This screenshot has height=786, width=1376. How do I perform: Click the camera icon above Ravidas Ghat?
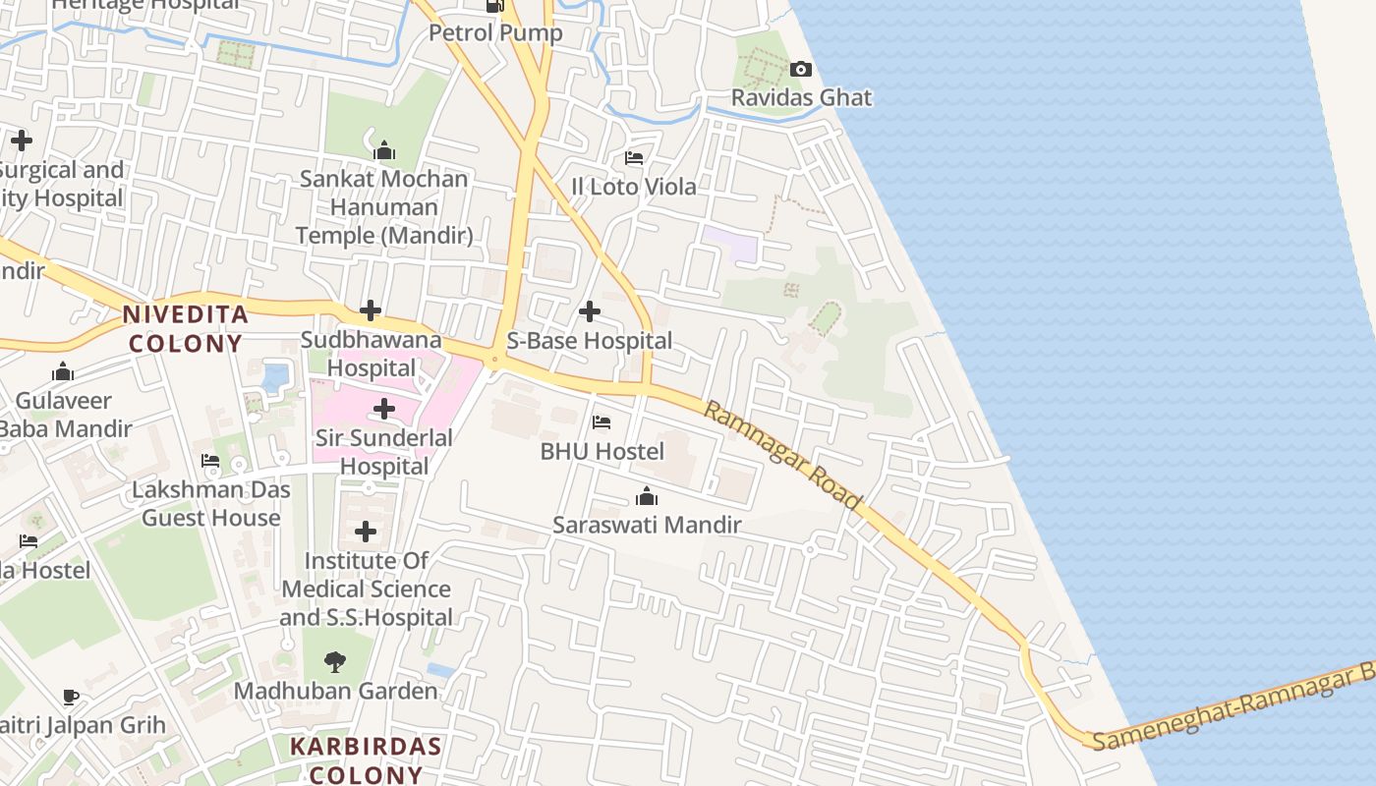coord(801,69)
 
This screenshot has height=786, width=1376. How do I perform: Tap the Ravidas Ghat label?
coord(801,98)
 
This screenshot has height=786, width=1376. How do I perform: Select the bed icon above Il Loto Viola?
coord(634,157)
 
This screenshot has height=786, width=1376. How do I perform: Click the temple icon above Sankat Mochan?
coord(384,150)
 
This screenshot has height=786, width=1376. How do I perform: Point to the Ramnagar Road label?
coord(782,455)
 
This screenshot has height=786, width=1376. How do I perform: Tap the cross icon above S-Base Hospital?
coord(590,311)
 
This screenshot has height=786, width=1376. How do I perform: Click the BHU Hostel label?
coord(602,452)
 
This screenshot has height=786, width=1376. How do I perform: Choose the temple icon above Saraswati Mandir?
coord(647,496)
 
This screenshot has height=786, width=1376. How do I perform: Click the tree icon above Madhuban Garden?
coord(335,662)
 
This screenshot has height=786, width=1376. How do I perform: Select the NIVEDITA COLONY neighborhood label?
coord(185,329)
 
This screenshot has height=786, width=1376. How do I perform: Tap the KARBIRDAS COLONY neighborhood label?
coord(366,759)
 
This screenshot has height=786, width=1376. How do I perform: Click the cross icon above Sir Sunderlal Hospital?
coord(384,409)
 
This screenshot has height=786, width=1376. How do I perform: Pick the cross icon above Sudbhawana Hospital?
coord(371,311)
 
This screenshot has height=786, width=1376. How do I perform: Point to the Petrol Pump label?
coord(495,33)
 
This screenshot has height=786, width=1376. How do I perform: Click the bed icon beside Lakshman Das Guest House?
coord(210,460)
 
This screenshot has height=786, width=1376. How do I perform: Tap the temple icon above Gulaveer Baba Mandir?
coord(64,371)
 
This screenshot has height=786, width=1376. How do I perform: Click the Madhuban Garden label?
coord(335,692)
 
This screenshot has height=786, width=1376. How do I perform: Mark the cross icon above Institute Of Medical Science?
coord(366,532)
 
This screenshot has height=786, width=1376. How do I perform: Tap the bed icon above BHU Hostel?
coord(602,422)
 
